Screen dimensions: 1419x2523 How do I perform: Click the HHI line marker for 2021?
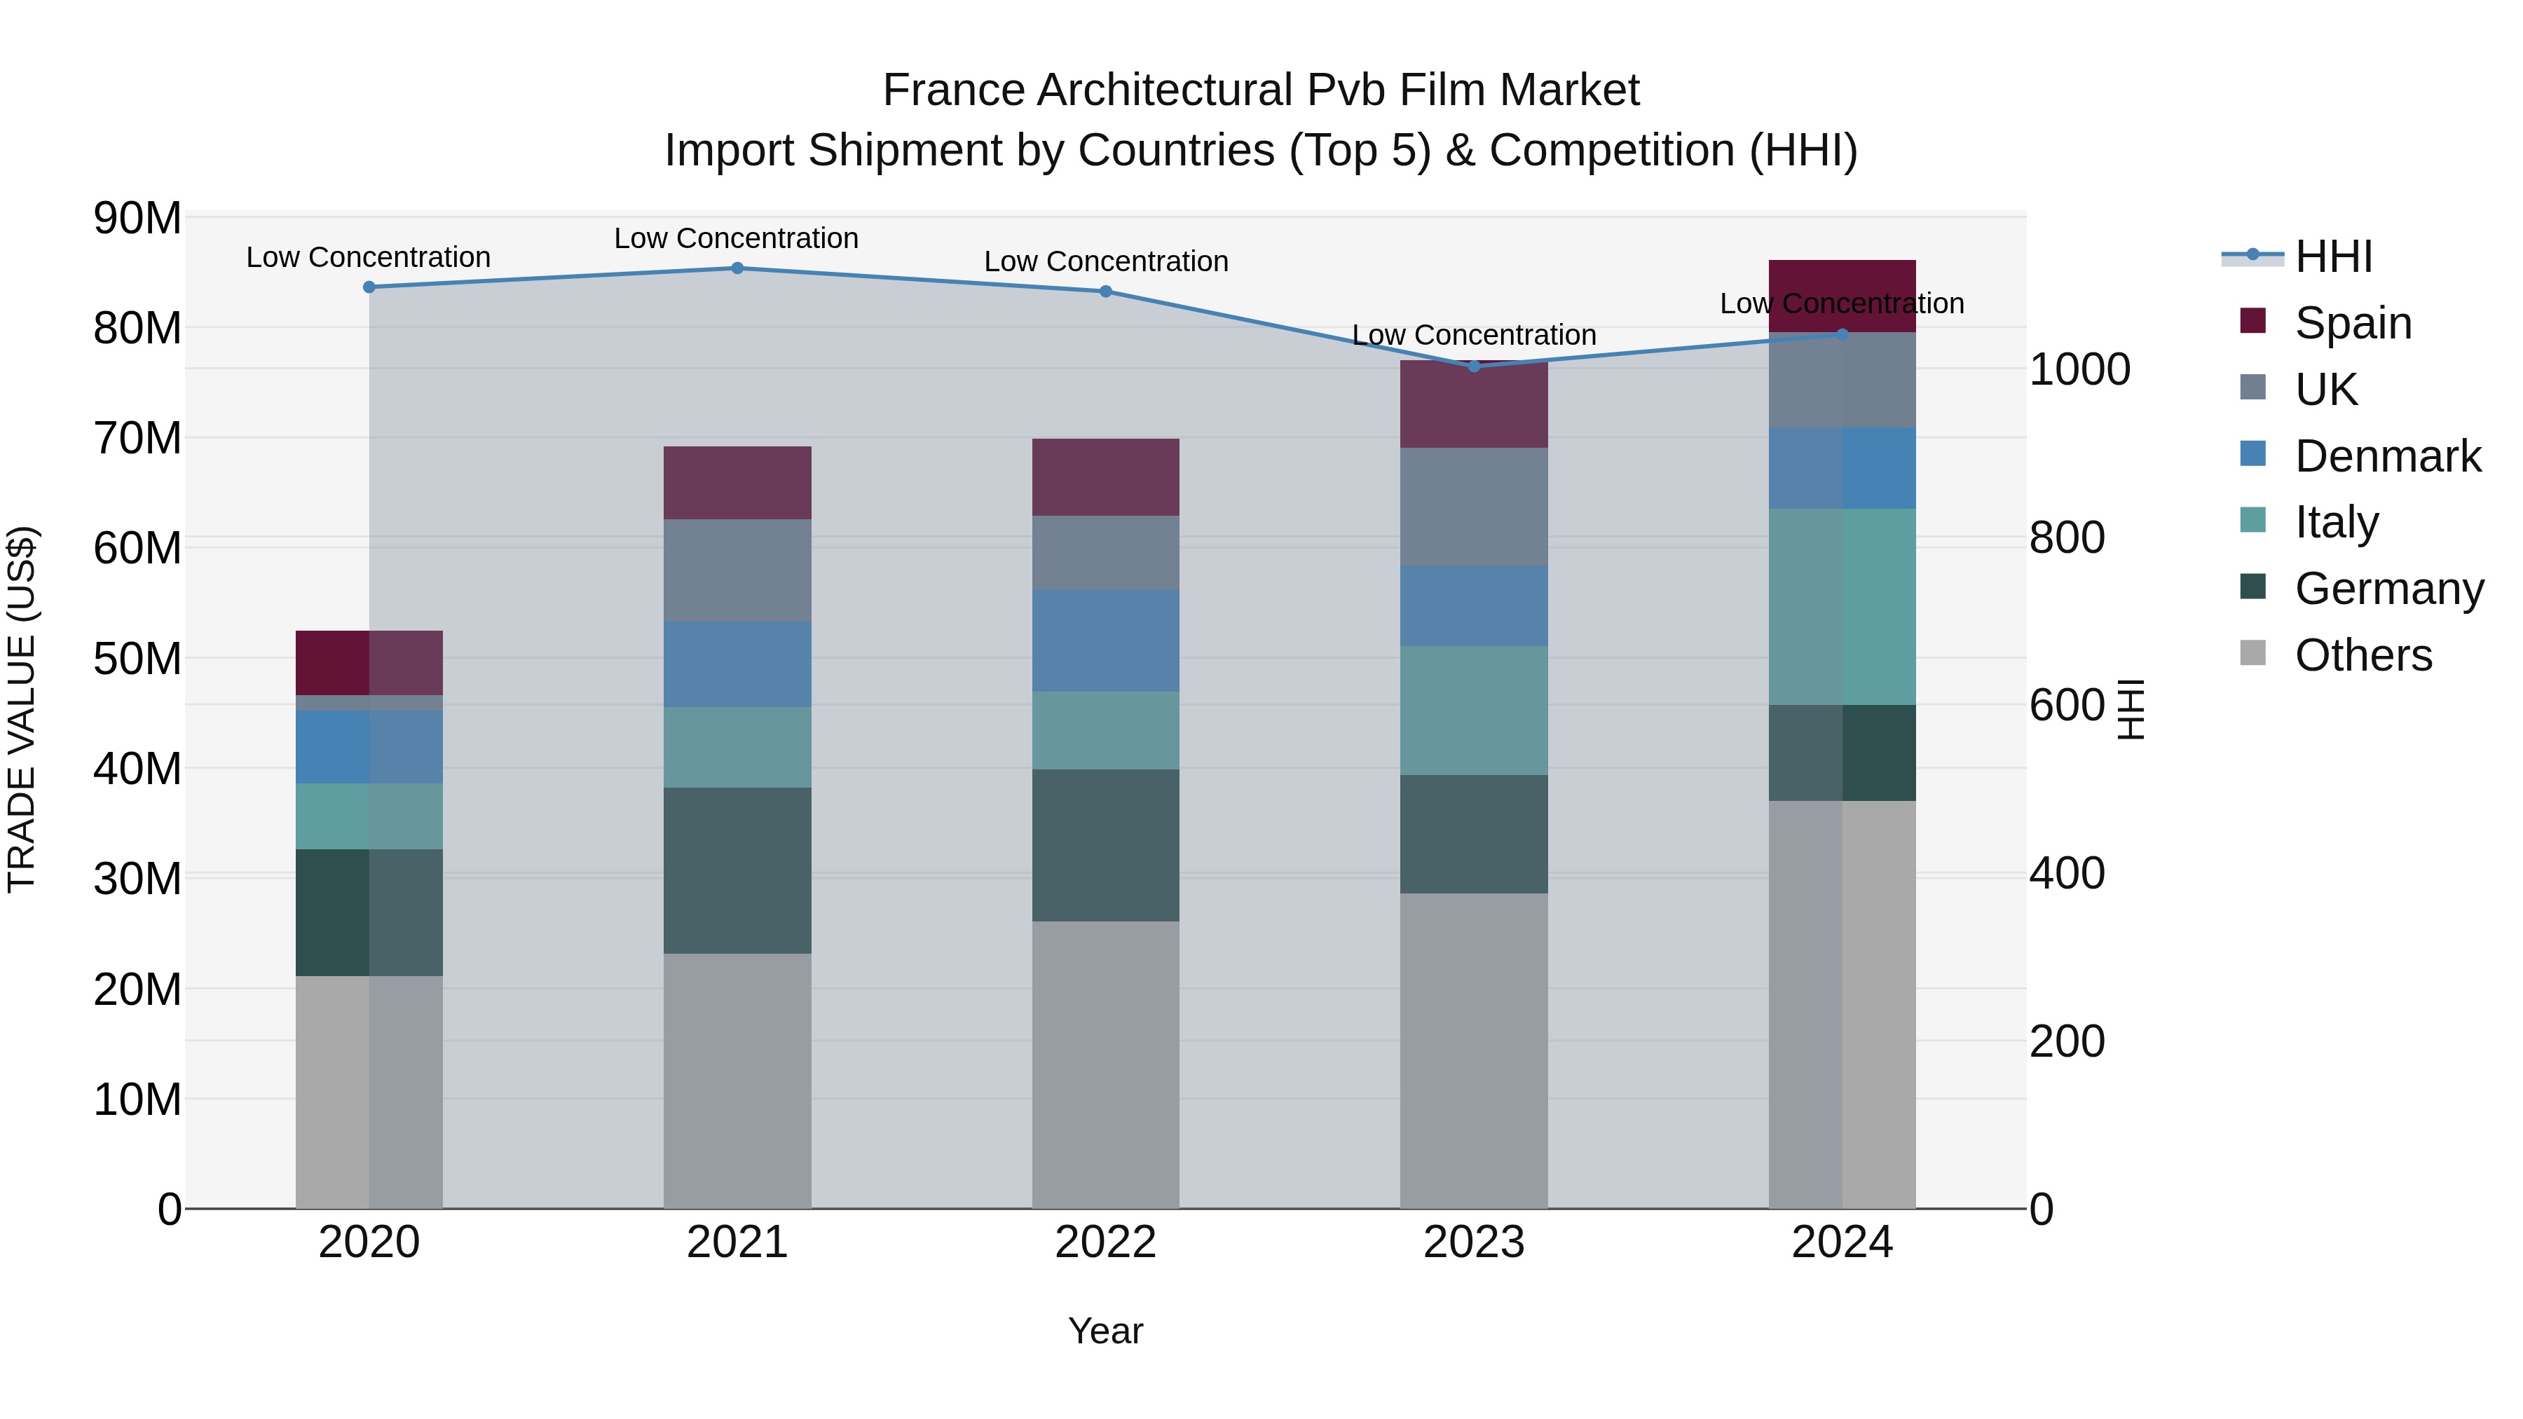click(737, 268)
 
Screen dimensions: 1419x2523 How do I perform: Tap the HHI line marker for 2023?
click(1474, 366)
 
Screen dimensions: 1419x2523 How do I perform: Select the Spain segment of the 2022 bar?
click(1106, 477)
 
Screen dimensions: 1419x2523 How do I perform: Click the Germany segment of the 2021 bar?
click(737, 870)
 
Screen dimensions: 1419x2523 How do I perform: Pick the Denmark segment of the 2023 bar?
click(1474, 605)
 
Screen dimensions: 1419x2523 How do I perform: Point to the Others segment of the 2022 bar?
click(1106, 1064)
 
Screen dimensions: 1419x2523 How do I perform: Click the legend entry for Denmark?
click(2387, 456)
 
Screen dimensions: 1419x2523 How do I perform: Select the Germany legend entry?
click(2388, 589)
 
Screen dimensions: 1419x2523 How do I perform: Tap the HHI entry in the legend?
click(2333, 256)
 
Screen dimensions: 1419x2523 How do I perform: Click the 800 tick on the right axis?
click(2067, 537)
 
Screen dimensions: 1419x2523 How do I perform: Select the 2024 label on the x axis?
click(1841, 1242)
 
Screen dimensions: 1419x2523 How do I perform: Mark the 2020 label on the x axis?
click(369, 1242)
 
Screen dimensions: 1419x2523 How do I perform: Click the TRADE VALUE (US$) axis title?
click(22, 709)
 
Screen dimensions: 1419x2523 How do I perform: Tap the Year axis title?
click(1106, 1331)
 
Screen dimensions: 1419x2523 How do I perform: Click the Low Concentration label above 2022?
click(1106, 261)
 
